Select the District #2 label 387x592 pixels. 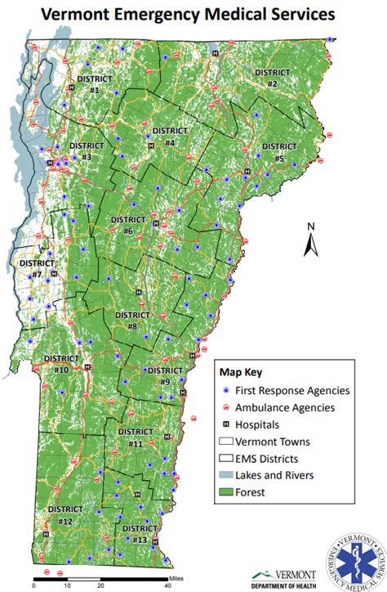(x=272, y=78)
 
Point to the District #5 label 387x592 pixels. (x=278, y=152)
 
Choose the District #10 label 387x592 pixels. (x=61, y=364)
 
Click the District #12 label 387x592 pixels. (x=66, y=514)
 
